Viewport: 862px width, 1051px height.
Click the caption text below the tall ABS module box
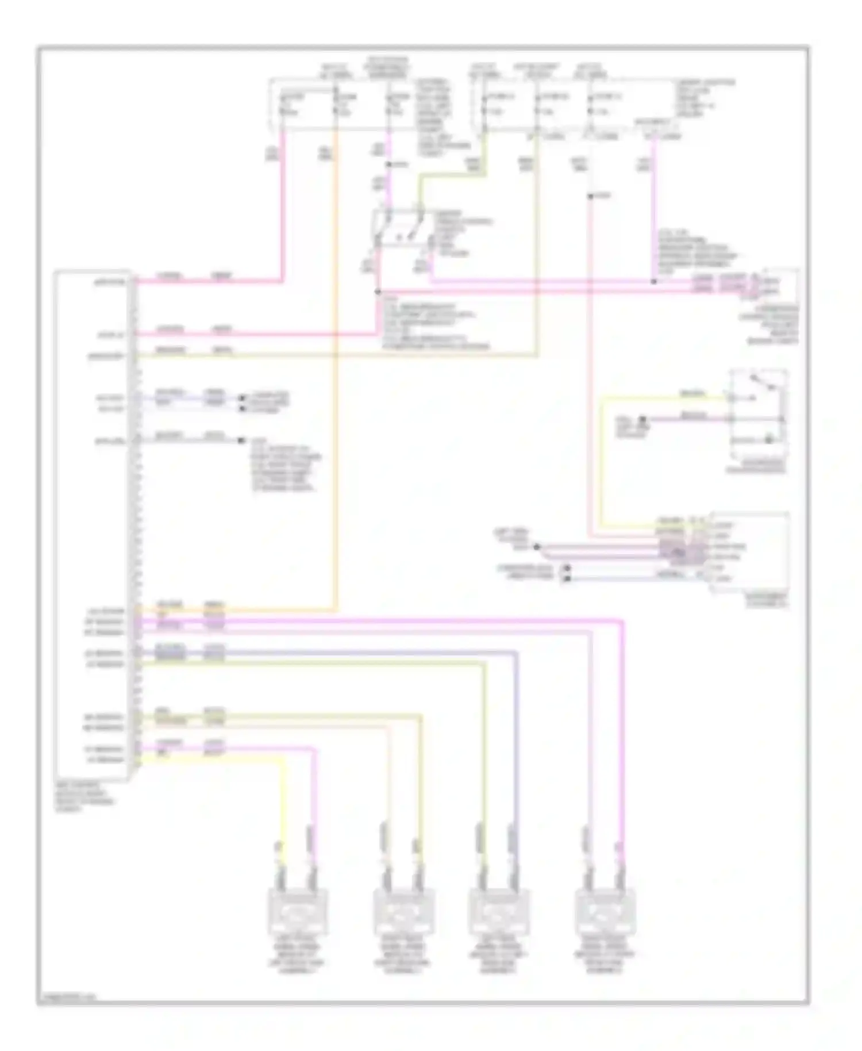pyautogui.click(x=85, y=797)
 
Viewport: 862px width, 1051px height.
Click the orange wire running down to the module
pyautogui.click(x=336, y=402)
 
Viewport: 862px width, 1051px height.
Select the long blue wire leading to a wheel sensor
pyautogui.click(x=516, y=747)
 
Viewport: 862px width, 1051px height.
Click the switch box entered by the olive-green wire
pyautogui.click(x=402, y=230)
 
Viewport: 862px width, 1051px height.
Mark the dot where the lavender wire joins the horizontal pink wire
pyautogui.click(x=653, y=282)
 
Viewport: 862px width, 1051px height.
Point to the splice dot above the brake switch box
pyautogui.click(x=389, y=165)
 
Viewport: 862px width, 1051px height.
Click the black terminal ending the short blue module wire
pyautogui.click(x=241, y=398)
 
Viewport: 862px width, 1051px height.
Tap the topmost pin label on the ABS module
pyautogui.click(x=112, y=282)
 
